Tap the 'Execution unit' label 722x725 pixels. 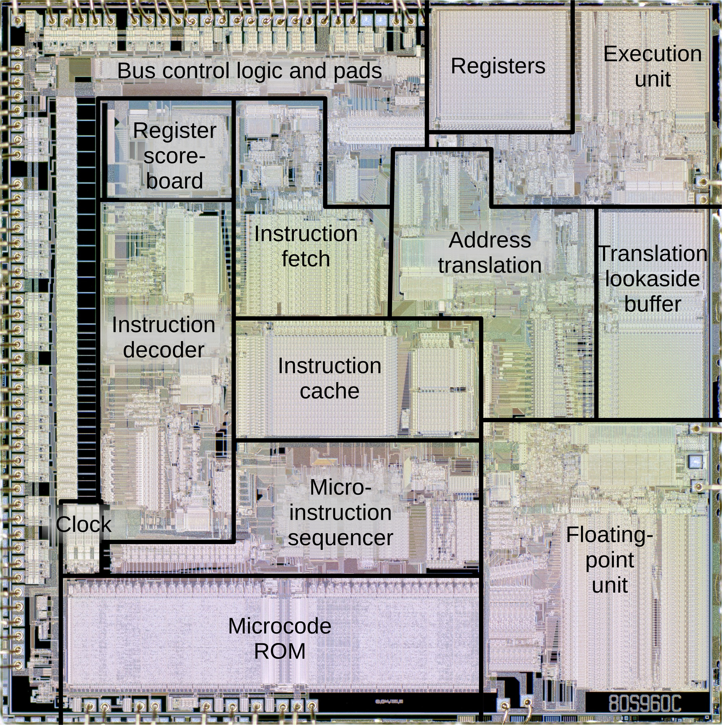[x=652, y=66]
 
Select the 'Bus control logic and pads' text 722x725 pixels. [x=249, y=70]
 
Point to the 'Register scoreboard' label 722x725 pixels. [x=174, y=155]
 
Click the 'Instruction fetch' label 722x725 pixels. [x=306, y=246]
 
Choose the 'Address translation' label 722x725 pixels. [x=489, y=253]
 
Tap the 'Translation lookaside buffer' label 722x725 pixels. [x=653, y=279]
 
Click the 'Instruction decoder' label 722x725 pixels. [x=163, y=337]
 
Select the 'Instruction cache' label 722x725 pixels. [x=329, y=378]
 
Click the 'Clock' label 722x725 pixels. [x=83, y=524]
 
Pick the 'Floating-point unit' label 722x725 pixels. [x=609, y=559]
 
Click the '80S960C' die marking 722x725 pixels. [x=644, y=704]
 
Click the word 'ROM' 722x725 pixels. [x=280, y=651]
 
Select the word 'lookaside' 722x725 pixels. [x=653, y=279]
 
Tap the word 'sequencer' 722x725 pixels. [x=340, y=538]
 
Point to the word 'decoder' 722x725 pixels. [x=163, y=350]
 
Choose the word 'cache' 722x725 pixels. [x=329, y=391]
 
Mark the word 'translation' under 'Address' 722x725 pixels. [x=489, y=265]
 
